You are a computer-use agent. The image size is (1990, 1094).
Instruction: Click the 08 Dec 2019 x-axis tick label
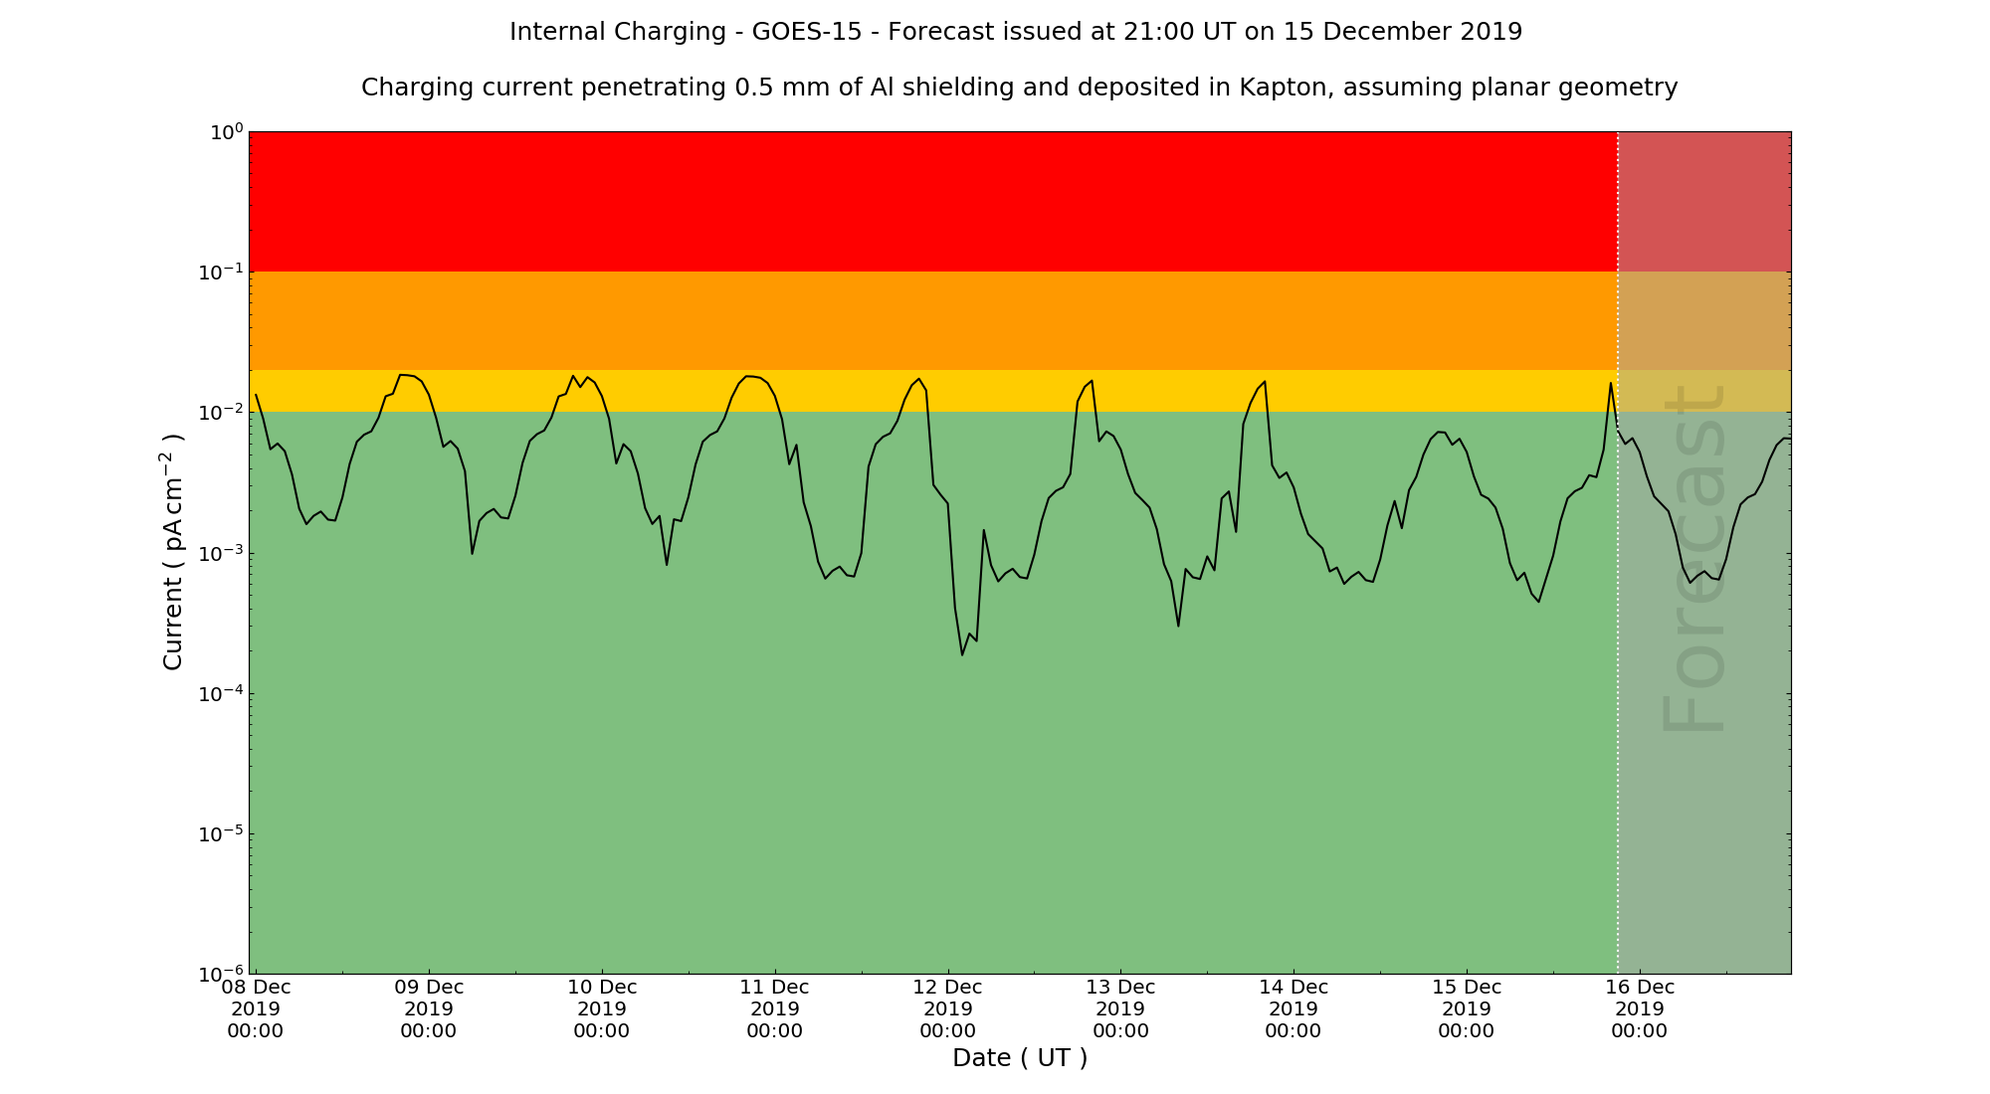256,1008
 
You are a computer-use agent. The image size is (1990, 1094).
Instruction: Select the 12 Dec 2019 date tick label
947,1008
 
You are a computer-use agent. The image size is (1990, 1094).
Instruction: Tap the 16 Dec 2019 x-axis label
1639,1008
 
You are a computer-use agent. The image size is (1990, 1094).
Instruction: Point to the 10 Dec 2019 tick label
601,1008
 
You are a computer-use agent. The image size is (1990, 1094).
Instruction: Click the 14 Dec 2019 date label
1293,1008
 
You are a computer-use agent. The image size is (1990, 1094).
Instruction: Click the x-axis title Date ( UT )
1020,1058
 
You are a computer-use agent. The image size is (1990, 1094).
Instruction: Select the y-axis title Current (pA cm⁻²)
173,551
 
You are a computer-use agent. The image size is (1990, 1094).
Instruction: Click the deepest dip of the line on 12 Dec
962,654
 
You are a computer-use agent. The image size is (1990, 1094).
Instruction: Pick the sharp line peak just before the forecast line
1611,383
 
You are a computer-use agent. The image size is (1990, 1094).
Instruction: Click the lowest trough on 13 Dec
1178,626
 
